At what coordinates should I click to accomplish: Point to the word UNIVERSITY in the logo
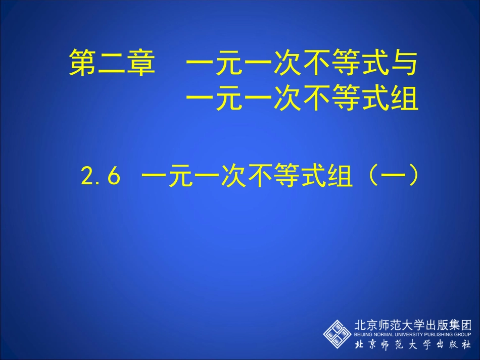coord(408,335)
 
